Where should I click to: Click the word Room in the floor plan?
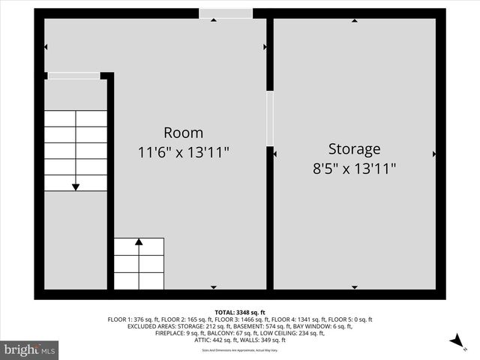[x=184, y=133]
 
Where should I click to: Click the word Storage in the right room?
[x=354, y=148]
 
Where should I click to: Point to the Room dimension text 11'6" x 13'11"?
[x=184, y=152]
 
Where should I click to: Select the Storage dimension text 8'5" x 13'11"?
[x=354, y=169]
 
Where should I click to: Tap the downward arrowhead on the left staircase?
[x=75, y=187]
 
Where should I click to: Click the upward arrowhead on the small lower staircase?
[x=139, y=242]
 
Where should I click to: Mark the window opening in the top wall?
[x=225, y=13]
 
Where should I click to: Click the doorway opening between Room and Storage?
[x=270, y=118]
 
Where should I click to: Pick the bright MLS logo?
[x=30, y=349]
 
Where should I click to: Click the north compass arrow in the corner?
[x=454, y=341]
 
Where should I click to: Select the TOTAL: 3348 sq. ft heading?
[x=240, y=312]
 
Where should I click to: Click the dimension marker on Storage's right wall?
[x=434, y=154]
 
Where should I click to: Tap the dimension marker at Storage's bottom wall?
[x=354, y=286]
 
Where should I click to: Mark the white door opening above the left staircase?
[x=73, y=76]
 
